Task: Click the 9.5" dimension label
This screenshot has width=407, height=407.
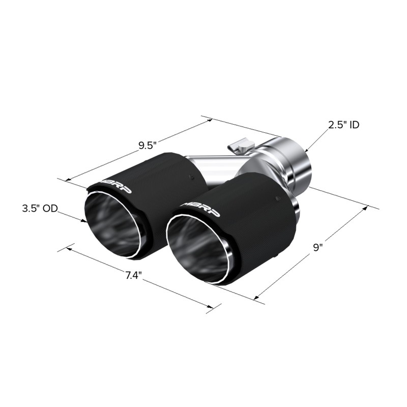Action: click(147, 146)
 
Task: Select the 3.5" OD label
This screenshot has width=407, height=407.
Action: click(39, 209)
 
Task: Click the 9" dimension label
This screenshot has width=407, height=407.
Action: click(318, 248)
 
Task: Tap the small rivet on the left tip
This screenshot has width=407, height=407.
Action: click(191, 178)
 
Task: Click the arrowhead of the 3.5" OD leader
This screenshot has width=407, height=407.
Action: click(85, 221)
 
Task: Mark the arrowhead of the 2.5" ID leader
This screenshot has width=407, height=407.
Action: click(307, 151)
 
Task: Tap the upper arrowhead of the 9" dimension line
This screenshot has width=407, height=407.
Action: click(366, 207)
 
